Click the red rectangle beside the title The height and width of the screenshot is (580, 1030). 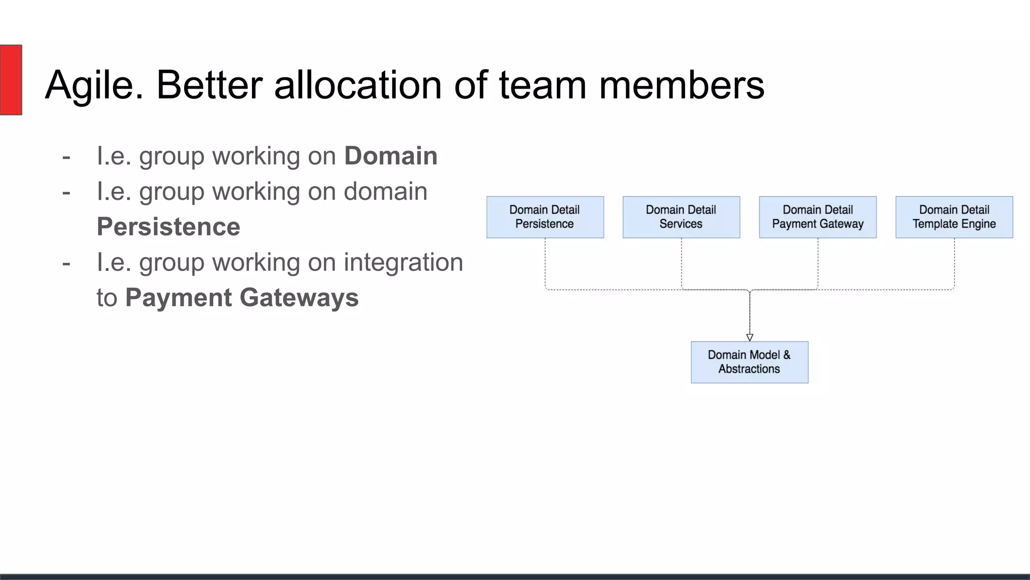(11, 80)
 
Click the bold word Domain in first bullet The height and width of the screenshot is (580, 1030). (391, 156)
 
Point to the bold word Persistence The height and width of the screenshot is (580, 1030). (168, 227)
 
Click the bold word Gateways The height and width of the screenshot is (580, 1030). (299, 298)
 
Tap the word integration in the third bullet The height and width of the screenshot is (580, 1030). (403, 262)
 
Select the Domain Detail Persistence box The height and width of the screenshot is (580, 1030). (545, 217)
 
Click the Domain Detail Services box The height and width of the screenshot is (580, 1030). (681, 217)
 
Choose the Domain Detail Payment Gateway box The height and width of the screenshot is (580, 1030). (817, 217)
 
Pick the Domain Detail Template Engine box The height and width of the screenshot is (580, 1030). (954, 217)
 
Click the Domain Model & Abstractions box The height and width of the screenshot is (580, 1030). (749, 362)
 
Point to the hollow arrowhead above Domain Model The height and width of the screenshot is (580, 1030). (749, 337)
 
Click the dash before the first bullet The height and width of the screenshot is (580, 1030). (66, 157)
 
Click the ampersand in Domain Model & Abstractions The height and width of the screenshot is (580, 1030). (787, 355)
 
